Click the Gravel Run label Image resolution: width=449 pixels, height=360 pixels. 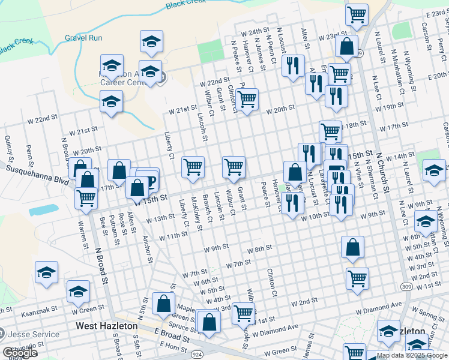pos(83,38)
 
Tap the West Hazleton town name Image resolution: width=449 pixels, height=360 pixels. pos(107,326)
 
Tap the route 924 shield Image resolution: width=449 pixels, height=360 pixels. pos(196,338)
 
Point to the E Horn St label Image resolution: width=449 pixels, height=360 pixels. pos(174,347)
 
